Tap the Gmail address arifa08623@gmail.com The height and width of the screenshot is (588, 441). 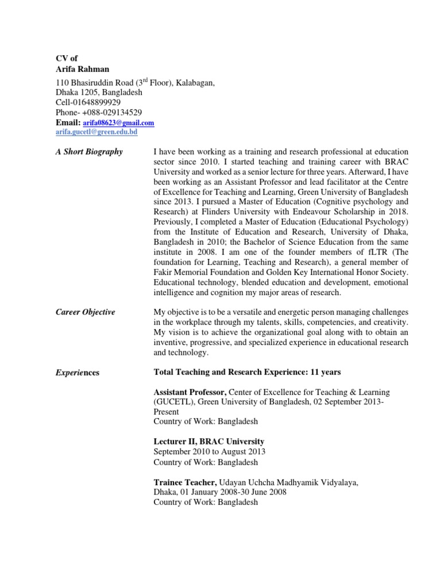(x=118, y=123)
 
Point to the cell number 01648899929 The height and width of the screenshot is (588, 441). (x=97, y=102)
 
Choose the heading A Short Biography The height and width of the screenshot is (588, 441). (x=89, y=152)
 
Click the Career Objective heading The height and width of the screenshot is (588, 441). (x=85, y=312)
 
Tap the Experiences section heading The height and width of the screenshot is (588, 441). (x=77, y=373)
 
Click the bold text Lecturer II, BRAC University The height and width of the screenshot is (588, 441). (x=208, y=441)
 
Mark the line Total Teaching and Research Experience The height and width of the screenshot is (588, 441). (x=247, y=372)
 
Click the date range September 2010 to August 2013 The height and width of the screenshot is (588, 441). (x=209, y=451)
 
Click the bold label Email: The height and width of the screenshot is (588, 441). (x=68, y=122)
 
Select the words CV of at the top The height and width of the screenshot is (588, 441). (x=66, y=58)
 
